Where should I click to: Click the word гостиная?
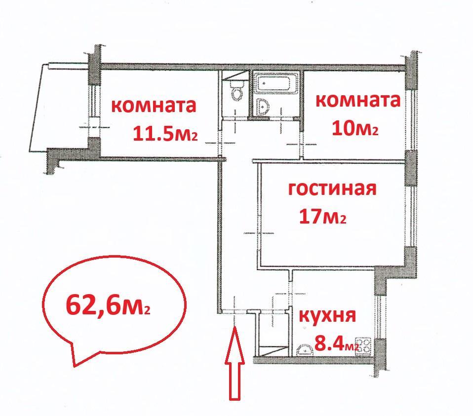[x=332, y=189]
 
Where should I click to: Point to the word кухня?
[x=327, y=315]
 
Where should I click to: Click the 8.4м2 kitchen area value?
[x=336, y=343]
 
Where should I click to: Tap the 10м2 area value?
[x=355, y=128]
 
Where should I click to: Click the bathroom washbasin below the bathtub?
[x=264, y=107]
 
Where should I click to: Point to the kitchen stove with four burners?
[x=364, y=346]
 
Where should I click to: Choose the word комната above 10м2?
[x=358, y=101]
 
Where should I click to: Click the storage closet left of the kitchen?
[x=272, y=334]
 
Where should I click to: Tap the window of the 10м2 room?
[x=411, y=120]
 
